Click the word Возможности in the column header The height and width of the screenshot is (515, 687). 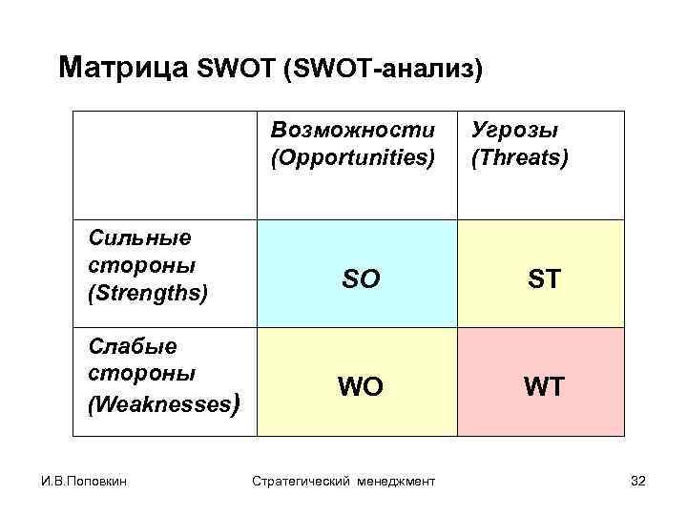point(352,129)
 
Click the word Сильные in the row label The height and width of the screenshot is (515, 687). point(138,237)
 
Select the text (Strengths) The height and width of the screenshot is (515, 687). point(147,292)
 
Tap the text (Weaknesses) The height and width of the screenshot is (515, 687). point(156,404)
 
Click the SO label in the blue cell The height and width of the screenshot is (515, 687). point(360,279)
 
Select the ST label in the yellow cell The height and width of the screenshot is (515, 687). point(543,279)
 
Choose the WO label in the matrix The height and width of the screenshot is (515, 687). point(360,387)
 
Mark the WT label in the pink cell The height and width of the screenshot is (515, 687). point(543,387)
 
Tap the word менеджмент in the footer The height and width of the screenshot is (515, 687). point(397,482)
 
